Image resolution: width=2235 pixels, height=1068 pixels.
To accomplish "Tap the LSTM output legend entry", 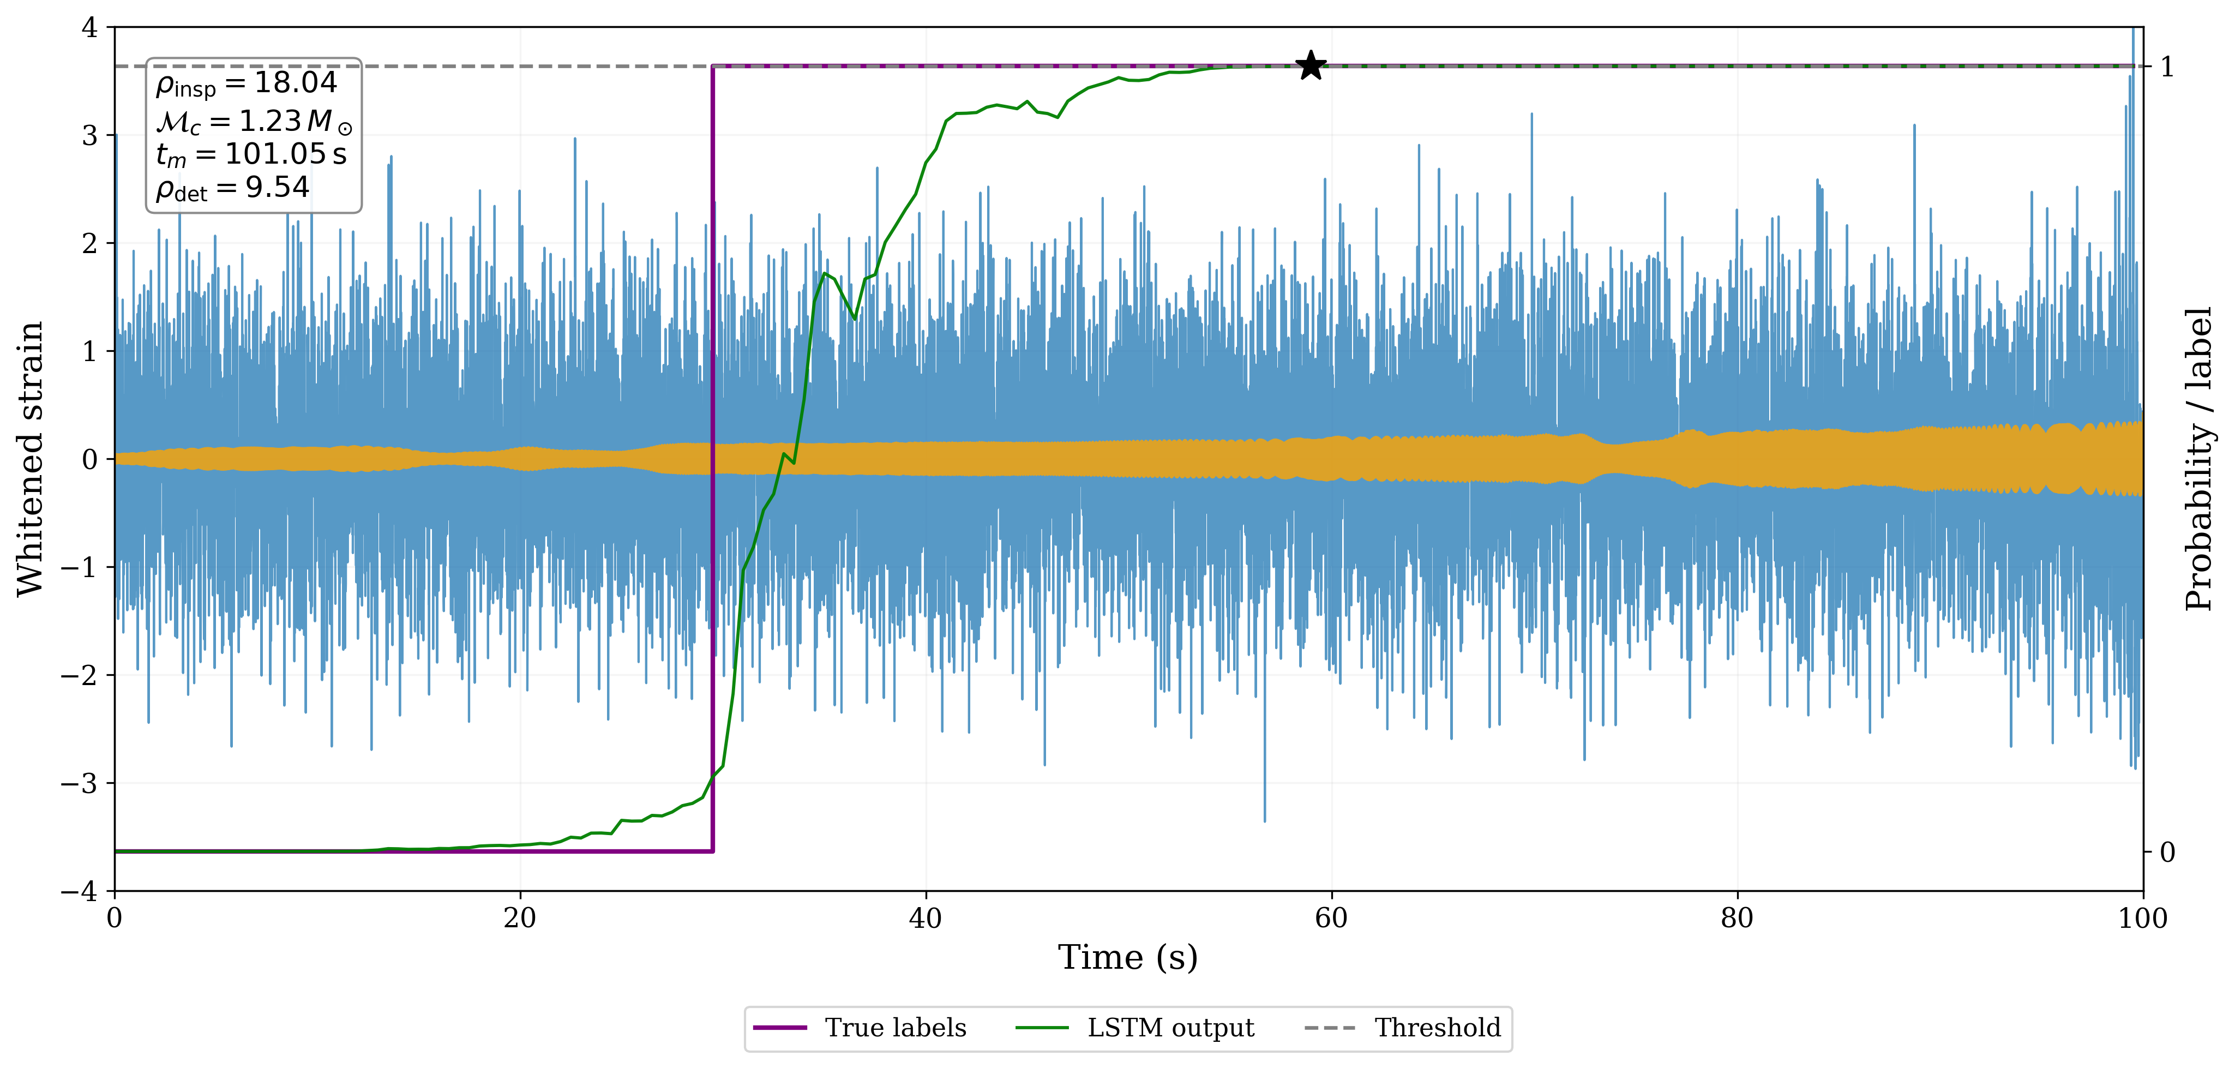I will (1170, 1028).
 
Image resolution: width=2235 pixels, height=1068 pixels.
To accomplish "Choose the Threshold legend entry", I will (1437, 1028).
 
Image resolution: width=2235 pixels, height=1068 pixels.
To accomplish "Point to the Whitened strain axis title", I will (31, 459).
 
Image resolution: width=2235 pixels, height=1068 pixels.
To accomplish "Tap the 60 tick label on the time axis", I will (1331, 918).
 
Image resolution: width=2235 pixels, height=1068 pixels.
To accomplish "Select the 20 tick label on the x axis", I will (520, 918).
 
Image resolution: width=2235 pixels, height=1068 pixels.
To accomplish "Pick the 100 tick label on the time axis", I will (2142, 918).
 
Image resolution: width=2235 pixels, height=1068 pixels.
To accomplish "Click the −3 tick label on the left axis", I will (79, 783).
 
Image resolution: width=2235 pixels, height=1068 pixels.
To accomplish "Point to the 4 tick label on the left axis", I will (89, 28).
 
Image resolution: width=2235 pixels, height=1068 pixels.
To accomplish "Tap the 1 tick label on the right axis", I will (2166, 67).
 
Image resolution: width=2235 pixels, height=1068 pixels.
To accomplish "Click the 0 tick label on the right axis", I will (2166, 852).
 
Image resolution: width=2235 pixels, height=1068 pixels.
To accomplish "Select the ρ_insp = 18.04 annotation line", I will (247, 84).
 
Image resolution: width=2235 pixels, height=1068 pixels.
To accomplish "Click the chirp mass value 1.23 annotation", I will (269, 121).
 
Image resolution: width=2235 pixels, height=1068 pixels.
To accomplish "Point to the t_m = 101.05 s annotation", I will (251, 154).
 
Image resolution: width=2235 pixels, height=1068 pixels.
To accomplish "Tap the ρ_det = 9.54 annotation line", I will (232, 188).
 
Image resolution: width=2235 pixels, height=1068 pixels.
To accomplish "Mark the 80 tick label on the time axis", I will (1737, 918).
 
